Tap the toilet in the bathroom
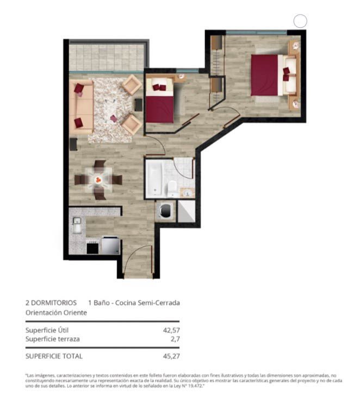point(172,188)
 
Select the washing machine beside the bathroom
point(165,211)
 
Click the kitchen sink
point(77,225)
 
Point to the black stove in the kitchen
point(92,248)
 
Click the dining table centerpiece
point(98,180)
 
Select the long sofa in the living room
point(81,107)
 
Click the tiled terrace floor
point(107,58)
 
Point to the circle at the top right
point(300,21)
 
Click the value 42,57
point(171,330)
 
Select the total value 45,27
point(171,356)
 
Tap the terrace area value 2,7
point(175,339)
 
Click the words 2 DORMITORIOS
point(51,303)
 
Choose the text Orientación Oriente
point(56,312)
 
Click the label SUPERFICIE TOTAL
point(54,356)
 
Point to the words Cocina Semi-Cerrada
point(147,303)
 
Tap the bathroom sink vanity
point(187,192)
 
